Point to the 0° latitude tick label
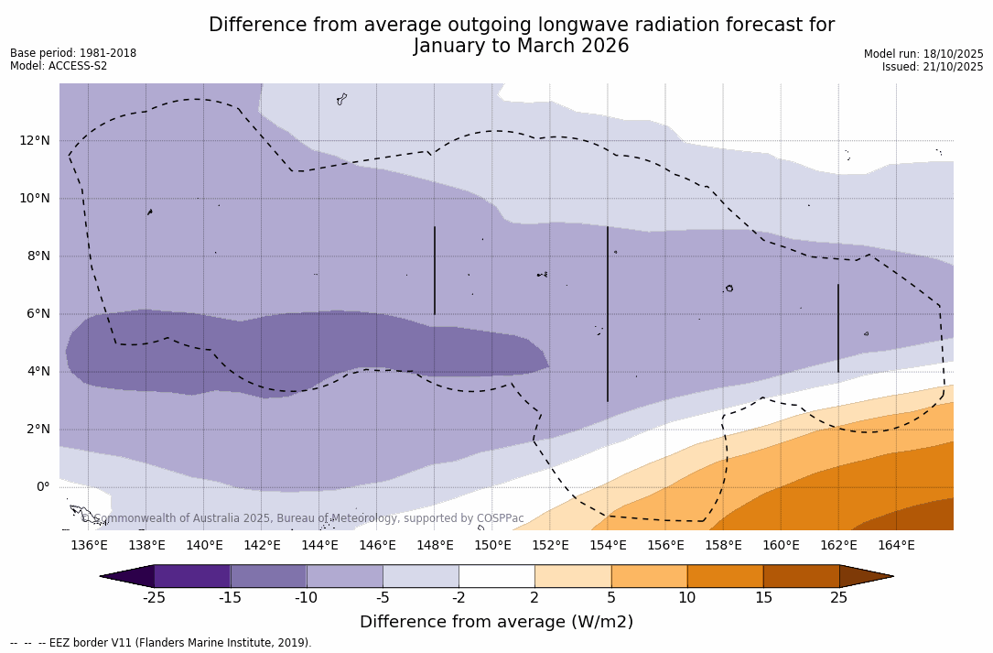(x=43, y=487)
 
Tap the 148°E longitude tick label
(x=435, y=546)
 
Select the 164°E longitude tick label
(x=896, y=546)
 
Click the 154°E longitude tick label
(x=608, y=546)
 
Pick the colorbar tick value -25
(x=154, y=598)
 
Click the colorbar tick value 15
(x=763, y=598)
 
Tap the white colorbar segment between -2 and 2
(x=497, y=576)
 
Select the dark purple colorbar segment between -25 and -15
(x=192, y=576)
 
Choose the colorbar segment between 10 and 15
(x=725, y=576)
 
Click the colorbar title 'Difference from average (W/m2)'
(x=496, y=623)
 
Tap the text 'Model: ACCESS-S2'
(x=59, y=66)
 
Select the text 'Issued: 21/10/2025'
(x=933, y=67)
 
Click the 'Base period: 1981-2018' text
(x=73, y=53)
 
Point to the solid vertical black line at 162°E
(x=838, y=328)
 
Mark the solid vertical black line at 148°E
(x=435, y=270)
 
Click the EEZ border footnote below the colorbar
(x=161, y=643)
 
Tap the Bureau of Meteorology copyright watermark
(x=302, y=518)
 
